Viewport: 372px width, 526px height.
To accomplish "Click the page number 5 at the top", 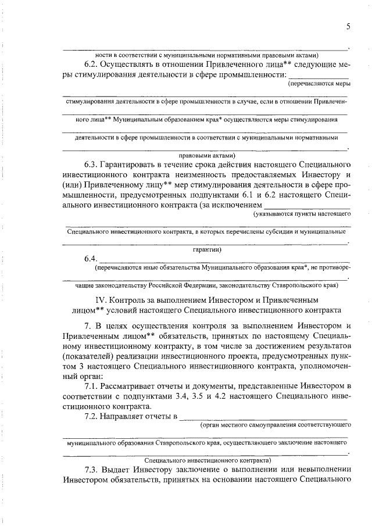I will click(x=348, y=26).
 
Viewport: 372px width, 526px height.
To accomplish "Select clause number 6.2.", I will click(x=94, y=64).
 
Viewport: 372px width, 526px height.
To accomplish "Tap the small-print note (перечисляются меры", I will click(x=319, y=84).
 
